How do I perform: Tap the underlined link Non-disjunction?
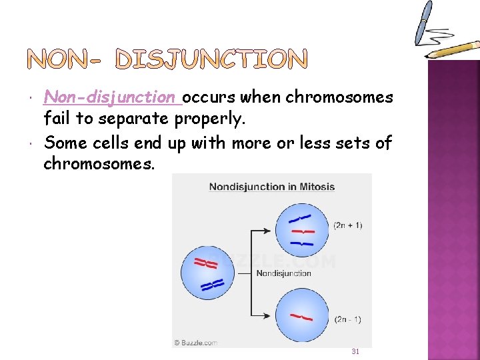click(x=112, y=97)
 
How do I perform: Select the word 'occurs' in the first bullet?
click(x=209, y=97)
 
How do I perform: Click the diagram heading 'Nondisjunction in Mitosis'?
click(x=272, y=187)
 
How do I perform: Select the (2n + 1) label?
click(x=347, y=225)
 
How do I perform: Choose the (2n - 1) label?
click(x=347, y=319)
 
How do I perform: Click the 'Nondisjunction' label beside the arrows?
click(x=283, y=273)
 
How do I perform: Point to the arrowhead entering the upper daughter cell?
click(x=271, y=231)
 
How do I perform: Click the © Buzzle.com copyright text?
click(x=196, y=343)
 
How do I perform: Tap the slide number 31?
click(x=355, y=351)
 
